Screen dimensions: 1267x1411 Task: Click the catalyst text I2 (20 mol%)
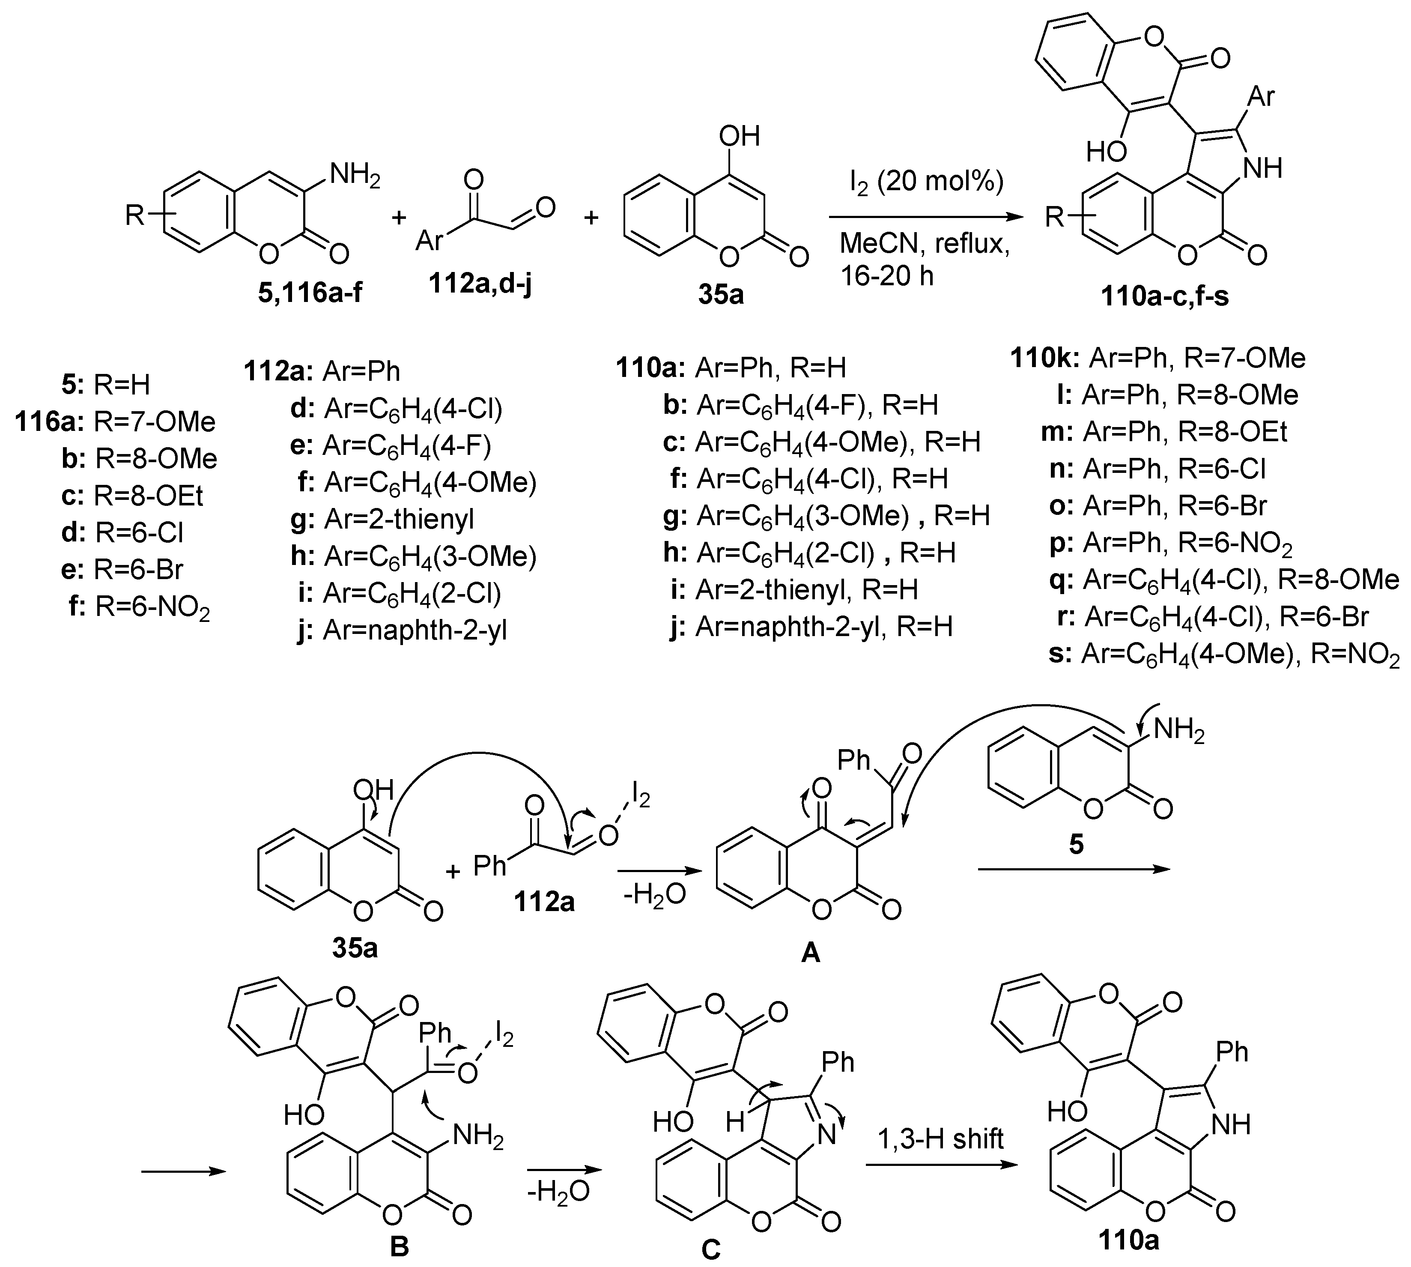pyautogui.click(x=926, y=182)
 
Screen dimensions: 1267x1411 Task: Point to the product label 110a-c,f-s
pyautogui.click(x=1165, y=296)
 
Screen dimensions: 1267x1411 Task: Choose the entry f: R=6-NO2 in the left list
pyautogui.click(x=139, y=608)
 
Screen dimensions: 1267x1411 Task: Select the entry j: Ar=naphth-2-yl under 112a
pyautogui.click(x=401, y=631)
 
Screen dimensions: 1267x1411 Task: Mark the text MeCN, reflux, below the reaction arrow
pyautogui.click(x=925, y=243)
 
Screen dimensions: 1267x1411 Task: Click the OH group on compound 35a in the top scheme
pyautogui.click(x=739, y=136)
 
